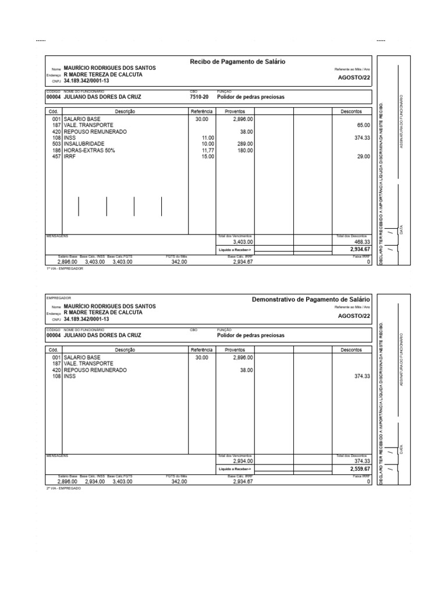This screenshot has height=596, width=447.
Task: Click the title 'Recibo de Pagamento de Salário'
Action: point(237,62)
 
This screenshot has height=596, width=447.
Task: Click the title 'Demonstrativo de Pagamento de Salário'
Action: point(311,299)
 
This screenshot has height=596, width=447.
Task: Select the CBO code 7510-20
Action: point(198,97)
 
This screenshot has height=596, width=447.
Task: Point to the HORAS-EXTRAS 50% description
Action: point(89,150)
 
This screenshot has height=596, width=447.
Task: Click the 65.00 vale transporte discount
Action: point(363,125)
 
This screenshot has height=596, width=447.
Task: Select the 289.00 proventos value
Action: point(245,144)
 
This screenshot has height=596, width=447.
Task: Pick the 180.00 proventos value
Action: point(245,150)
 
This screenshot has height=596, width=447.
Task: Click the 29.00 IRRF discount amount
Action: point(363,157)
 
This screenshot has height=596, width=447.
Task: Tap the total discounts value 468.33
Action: point(362,242)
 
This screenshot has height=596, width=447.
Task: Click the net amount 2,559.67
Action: point(360,469)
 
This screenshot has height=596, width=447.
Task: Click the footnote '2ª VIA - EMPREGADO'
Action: point(64,488)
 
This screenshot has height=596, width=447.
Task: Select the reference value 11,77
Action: point(207,150)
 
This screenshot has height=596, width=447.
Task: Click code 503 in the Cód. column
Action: point(56,144)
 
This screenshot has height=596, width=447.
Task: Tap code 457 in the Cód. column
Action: point(56,157)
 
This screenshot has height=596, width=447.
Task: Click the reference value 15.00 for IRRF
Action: point(207,157)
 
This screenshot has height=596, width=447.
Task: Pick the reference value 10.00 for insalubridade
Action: point(208,144)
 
